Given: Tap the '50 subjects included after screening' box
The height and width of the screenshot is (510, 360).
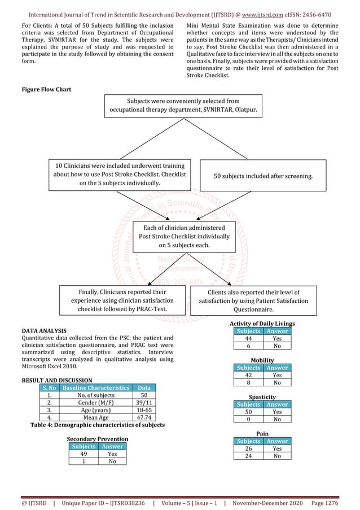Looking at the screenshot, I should (x=264, y=177).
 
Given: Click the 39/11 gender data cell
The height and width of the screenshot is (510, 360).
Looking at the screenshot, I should (x=143, y=403).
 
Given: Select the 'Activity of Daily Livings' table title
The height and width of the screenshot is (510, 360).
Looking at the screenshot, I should (x=262, y=324).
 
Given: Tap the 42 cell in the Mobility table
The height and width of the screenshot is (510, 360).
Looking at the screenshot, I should (x=248, y=375).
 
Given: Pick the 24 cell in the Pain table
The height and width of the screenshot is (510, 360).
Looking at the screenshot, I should (x=248, y=456).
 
